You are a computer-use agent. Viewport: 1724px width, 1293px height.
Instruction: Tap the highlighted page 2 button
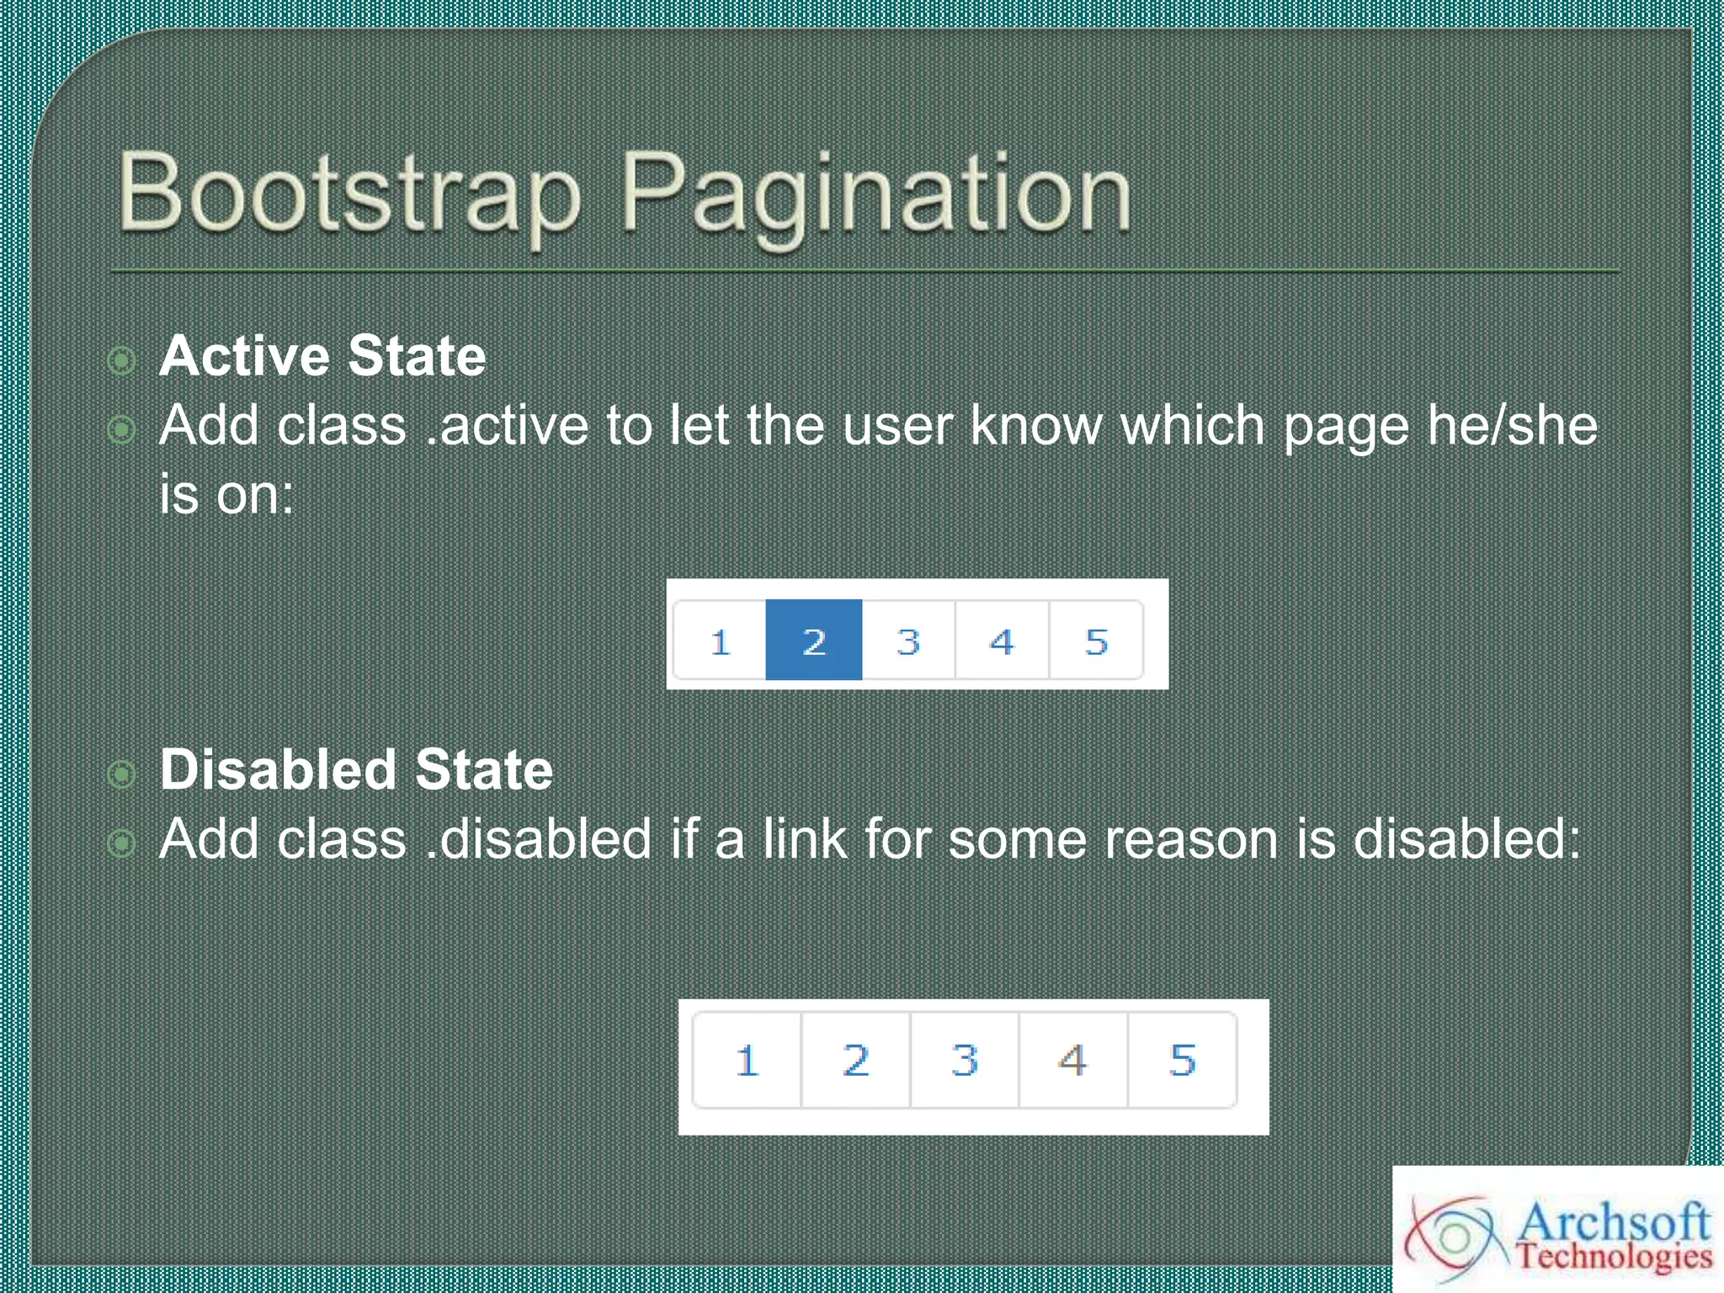[x=813, y=640]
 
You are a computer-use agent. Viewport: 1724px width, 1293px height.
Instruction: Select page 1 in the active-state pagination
[x=720, y=640]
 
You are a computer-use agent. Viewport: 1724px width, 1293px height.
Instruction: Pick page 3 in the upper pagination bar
[x=907, y=640]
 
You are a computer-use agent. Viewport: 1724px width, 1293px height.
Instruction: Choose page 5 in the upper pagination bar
[x=1095, y=640]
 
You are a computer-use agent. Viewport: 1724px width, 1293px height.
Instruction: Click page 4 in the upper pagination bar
[x=1002, y=640]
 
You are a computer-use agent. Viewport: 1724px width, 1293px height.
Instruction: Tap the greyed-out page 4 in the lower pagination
[x=1072, y=1060]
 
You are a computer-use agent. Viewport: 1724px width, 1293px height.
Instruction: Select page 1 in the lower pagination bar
[x=747, y=1060]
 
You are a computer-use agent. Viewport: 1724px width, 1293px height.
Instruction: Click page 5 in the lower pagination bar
[x=1182, y=1060]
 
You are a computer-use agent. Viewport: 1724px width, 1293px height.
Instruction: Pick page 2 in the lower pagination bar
[x=855, y=1060]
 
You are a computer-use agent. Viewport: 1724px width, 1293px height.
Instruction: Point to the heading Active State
[x=322, y=356]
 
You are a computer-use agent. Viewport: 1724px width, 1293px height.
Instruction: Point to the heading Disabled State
[x=356, y=769]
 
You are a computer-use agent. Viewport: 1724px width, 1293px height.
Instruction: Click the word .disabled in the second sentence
[x=539, y=839]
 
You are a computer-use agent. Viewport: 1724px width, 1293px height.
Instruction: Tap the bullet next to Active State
[x=122, y=360]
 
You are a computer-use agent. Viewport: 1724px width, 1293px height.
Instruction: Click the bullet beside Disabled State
[x=122, y=774]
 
